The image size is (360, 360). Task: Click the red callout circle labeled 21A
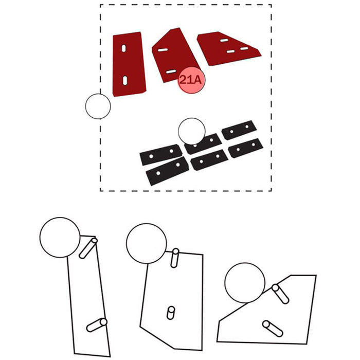[x=191, y=80]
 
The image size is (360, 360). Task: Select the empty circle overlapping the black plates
[x=192, y=131]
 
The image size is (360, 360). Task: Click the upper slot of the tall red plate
[x=124, y=48]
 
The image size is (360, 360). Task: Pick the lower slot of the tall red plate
[x=125, y=81]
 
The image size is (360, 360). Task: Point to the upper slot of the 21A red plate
[x=163, y=50]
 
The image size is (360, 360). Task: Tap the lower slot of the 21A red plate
[x=171, y=71]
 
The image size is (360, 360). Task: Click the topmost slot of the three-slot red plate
[x=224, y=41]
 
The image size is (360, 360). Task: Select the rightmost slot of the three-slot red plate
[x=244, y=48]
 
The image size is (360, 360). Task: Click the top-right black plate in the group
[x=239, y=130]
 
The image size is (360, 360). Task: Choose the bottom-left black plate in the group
[x=167, y=171]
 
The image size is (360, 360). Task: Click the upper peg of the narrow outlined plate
[x=88, y=248]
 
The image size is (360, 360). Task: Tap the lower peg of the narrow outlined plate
[x=97, y=325]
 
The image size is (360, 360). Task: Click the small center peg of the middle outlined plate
[x=171, y=313]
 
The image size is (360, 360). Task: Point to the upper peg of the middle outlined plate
[x=175, y=258]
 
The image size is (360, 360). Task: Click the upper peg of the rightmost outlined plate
[x=280, y=294]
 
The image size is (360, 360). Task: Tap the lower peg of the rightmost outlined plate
[x=273, y=329]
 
